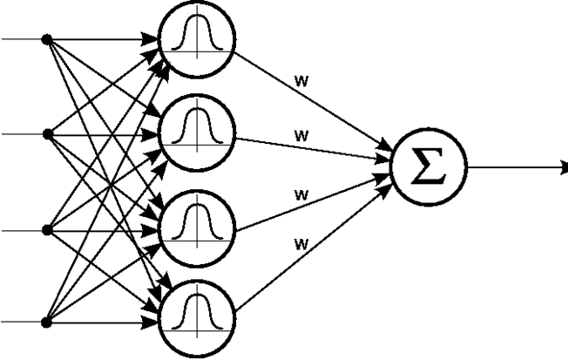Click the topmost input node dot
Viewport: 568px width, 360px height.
pos(47,39)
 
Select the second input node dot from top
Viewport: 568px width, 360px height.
pos(47,134)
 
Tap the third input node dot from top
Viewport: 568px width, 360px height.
pos(47,230)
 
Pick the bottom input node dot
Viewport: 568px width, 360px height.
pos(46,322)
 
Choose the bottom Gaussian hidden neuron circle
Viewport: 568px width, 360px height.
pos(197,281)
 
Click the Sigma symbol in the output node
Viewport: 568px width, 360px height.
pos(429,166)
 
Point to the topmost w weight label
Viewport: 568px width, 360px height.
pos(301,81)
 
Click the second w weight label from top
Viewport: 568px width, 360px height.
pos(301,136)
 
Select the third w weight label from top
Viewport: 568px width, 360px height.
pos(301,195)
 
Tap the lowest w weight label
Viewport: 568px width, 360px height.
pos(301,244)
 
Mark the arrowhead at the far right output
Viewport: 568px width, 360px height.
pos(564,168)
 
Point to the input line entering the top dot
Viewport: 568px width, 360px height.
pos(22,38)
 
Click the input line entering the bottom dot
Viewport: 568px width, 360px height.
pos(21,322)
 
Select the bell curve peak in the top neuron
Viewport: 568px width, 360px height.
pos(197,16)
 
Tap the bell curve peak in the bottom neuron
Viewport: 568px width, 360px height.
pos(197,295)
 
